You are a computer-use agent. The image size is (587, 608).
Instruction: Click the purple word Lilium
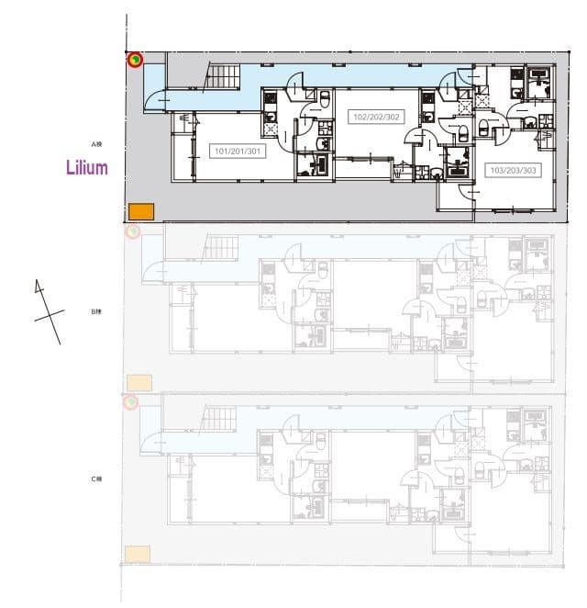click(x=87, y=168)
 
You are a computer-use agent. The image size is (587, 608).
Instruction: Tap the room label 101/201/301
click(x=239, y=151)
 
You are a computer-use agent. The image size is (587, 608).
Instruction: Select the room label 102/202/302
click(x=377, y=117)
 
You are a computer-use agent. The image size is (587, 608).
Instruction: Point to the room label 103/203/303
click(x=514, y=170)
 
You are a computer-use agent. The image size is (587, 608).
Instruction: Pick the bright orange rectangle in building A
click(x=140, y=211)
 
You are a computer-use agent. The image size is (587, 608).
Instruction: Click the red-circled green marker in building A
click(x=135, y=60)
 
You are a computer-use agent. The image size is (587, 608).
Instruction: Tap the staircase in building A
click(x=221, y=75)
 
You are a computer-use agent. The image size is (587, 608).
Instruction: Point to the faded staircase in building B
click(x=221, y=246)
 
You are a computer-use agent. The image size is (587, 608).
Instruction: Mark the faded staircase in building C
click(x=221, y=420)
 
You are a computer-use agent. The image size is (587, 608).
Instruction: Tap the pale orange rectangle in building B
click(x=138, y=381)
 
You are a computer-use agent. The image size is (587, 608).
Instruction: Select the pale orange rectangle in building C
click(x=138, y=553)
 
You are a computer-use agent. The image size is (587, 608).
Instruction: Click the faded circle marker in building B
click(x=132, y=231)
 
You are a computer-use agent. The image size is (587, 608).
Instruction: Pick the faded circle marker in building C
click(x=131, y=402)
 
